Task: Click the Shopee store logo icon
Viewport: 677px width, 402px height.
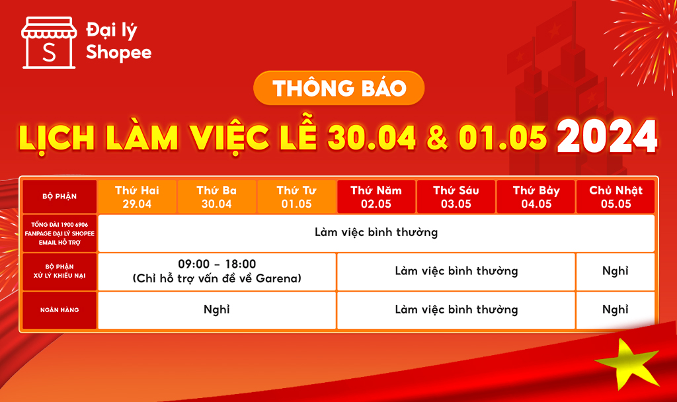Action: [x=49, y=43]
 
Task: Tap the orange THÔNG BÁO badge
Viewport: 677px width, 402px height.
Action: [x=339, y=88]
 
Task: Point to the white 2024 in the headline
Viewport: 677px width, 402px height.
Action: [x=607, y=136]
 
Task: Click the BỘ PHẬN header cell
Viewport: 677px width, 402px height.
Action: [x=60, y=196]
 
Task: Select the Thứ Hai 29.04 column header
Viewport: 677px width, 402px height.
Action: [x=138, y=197]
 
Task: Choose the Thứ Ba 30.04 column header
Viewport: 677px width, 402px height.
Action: [x=217, y=197]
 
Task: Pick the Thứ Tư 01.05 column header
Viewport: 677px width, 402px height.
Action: [x=297, y=197]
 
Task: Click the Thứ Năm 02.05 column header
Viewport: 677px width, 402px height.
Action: [x=376, y=197]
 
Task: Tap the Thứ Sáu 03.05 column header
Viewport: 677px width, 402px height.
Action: [x=456, y=197]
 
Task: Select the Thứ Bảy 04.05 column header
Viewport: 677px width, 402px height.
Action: [x=536, y=197]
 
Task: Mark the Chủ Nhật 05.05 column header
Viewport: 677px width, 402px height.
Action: [x=616, y=197]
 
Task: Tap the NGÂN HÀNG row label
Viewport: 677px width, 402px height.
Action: [x=60, y=310]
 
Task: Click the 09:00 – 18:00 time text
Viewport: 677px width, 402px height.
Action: [x=217, y=264]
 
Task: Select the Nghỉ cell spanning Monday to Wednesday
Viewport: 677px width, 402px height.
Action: [x=217, y=310]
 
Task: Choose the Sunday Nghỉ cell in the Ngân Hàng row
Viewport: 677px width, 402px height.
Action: [x=616, y=310]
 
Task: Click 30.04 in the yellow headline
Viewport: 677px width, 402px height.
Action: [x=372, y=138]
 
